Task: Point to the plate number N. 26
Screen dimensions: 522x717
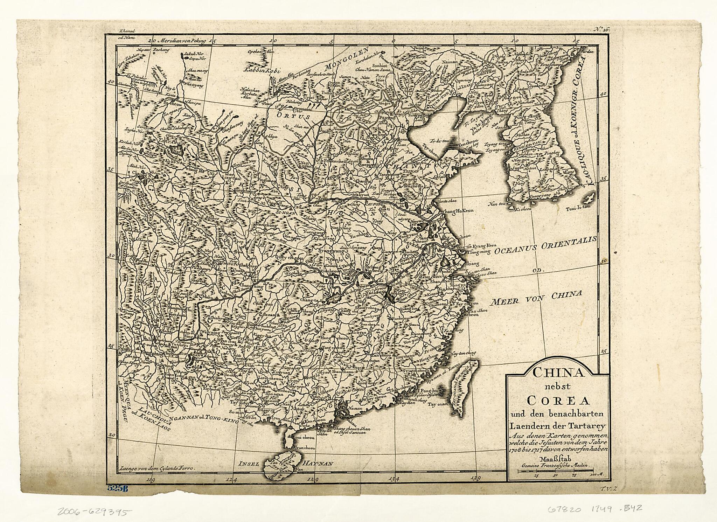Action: point(601,30)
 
